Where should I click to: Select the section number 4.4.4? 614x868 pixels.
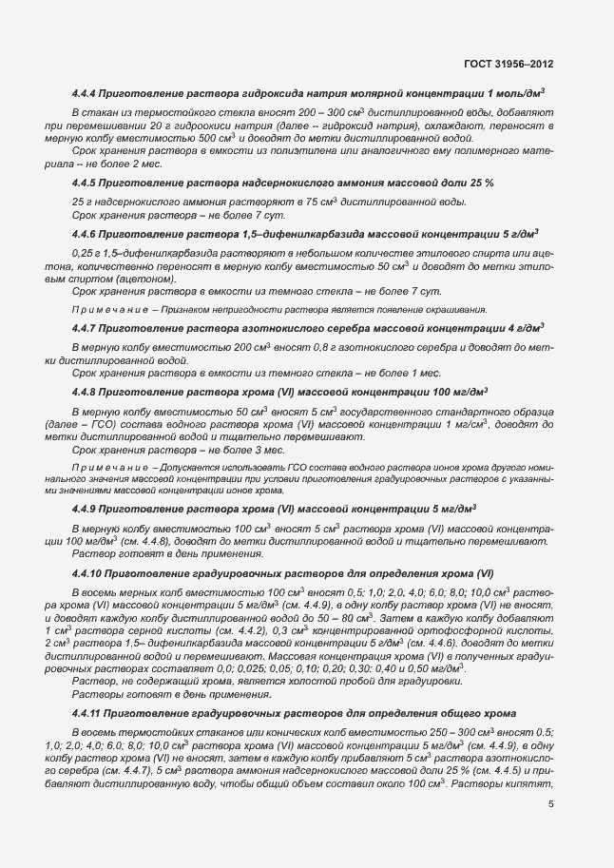coord(87,93)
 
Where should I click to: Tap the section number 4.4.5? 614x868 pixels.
coord(87,182)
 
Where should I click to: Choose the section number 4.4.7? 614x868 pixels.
coord(87,328)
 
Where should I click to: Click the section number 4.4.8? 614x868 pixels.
coord(87,391)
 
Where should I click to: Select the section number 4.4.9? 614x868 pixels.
coord(87,510)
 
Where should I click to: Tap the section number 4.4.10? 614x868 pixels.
coord(90,575)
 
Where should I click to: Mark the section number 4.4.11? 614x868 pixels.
coord(90,712)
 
